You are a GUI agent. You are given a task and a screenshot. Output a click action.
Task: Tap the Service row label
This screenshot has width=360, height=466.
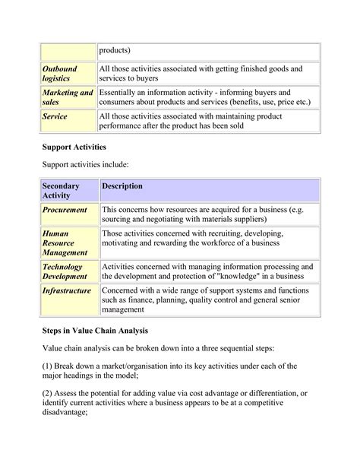coord(55,116)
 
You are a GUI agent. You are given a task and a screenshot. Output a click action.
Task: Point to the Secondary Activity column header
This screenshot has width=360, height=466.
coord(62,191)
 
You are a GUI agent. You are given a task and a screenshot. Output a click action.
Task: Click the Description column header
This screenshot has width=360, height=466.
coord(122,186)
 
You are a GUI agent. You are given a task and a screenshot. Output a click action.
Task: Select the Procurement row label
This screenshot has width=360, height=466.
coord(65,210)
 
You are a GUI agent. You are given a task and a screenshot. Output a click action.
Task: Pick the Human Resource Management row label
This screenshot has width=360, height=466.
coord(65,243)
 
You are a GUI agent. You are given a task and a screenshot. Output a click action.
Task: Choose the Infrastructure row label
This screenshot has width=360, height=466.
coord(67,290)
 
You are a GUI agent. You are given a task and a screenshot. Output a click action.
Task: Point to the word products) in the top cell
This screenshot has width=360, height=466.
coord(115,50)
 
